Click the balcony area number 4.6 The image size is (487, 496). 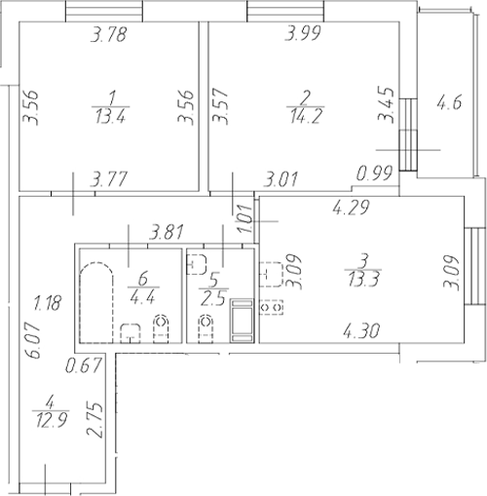click(x=449, y=100)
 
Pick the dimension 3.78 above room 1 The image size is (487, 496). click(x=110, y=37)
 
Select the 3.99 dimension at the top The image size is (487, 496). click(x=303, y=37)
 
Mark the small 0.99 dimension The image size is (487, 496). click(x=376, y=175)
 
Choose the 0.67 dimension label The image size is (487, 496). click(x=85, y=366)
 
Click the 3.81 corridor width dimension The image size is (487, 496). click(x=167, y=234)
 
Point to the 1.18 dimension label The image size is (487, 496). click(x=46, y=302)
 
